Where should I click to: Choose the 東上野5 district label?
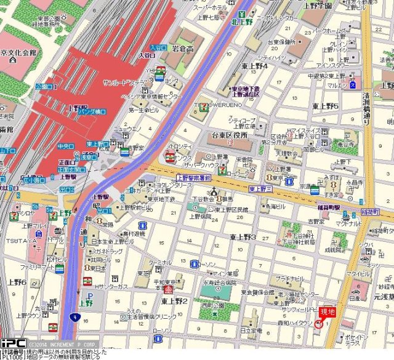pos(326,106)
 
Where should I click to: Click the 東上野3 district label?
pos(243,237)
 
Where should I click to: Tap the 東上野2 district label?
pos(174,301)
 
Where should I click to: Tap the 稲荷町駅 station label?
pos(326,207)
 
